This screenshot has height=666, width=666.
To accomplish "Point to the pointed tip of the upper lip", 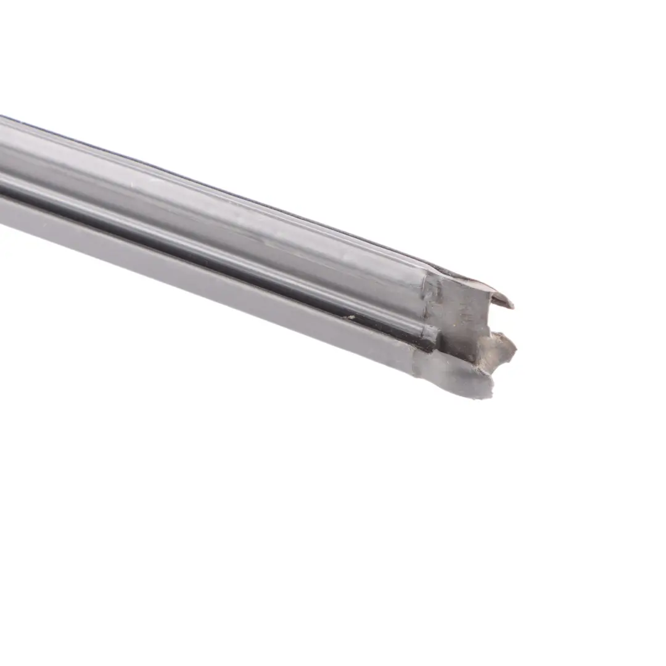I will click(511, 304).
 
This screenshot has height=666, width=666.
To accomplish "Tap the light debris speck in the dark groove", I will click(351, 319).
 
